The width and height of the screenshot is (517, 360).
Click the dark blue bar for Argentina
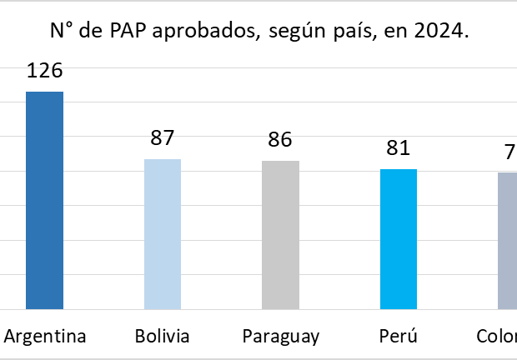coord(44,200)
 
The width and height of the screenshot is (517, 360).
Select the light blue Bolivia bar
coord(163,233)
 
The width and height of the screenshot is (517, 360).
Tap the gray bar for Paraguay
coord(280,234)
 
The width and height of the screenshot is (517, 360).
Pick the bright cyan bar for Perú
coord(399,238)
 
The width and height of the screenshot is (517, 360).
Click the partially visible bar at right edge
coord(507,240)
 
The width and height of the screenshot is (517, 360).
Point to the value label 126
coord(45,70)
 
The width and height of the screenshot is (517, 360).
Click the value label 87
coord(163,138)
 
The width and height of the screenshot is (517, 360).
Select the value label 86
coord(280,139)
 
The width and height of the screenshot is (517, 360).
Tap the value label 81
coord(399,148)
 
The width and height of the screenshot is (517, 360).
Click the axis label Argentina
coord(45,337)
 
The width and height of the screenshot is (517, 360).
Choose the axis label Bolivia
coord(162,337)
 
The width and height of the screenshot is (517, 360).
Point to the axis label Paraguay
coord(281,337)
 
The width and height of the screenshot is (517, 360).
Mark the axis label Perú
coord(398,337)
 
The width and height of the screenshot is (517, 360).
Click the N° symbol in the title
coord(60,32)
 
